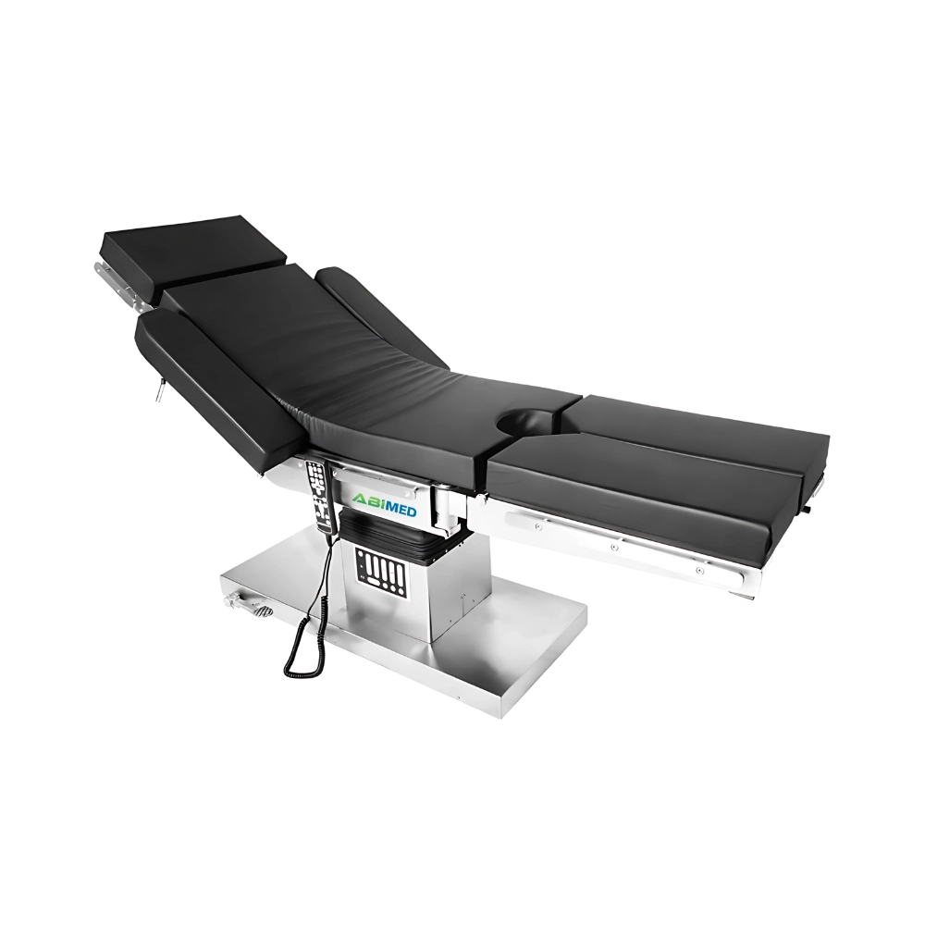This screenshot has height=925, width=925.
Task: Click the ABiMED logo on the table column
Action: [384, 505]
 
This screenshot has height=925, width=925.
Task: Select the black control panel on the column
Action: [380, 570]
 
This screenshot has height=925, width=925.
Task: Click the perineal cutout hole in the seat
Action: [528, 421]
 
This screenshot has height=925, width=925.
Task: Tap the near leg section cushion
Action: [643, 488]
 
